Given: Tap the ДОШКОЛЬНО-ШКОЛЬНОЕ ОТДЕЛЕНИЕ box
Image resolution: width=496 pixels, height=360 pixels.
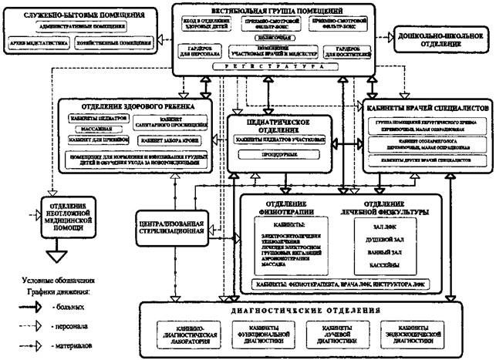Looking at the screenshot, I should click(441, 35).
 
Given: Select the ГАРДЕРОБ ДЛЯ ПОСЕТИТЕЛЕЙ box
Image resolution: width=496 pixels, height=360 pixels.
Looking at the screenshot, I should click(340, 52).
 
